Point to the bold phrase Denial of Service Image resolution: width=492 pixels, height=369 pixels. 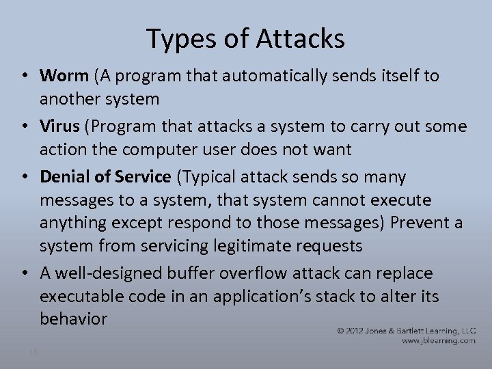click(x=105, y=177)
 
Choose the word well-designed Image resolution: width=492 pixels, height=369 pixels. click(x=109, y=273)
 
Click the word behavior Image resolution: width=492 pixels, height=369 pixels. click(x=73, y=318)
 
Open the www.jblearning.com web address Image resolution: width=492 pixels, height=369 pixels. click(x=438, y=340)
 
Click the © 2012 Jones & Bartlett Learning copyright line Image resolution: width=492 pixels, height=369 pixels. click(x=406, y=330)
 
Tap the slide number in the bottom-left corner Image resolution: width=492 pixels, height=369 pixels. click(x=33, y=351)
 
